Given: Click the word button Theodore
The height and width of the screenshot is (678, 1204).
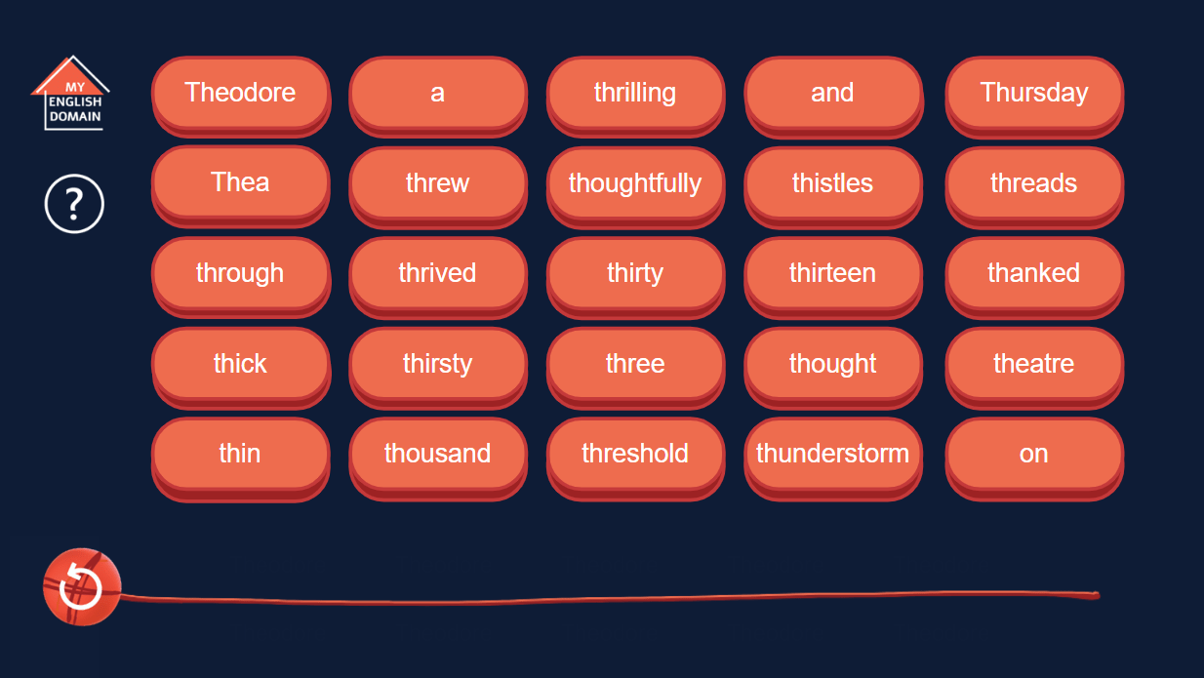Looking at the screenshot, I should click(x=240, y=93).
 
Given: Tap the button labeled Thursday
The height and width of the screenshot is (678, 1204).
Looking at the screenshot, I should click(x=1033, y=93).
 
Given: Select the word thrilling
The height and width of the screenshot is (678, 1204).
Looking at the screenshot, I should click(x=635, y=93).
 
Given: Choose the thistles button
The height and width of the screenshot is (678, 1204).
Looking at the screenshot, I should click(x=832, y=183).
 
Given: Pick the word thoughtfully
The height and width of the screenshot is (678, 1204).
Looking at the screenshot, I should click(x=635, y=183).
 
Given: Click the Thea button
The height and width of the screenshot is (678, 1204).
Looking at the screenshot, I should click(x=240, y=182).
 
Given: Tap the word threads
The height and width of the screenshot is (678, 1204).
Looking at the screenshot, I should click(x=1033, y=183).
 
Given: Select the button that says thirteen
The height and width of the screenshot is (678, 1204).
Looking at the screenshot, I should click(x=832, y=273).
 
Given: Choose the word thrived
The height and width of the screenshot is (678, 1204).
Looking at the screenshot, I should click(x=437, y=273).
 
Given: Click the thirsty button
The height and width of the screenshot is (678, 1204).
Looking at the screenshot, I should click(x=437, y=364).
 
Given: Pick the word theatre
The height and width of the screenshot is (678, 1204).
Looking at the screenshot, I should click(x=1033, y=364).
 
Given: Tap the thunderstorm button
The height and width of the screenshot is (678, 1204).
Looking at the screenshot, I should click(x=832, y=454).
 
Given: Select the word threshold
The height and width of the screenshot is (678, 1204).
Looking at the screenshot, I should click(x=635, y=454).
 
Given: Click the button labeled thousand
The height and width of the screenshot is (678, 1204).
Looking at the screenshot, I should click(x=437, y=454).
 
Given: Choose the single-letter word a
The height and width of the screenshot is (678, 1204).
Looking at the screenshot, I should click(x=437, y=93).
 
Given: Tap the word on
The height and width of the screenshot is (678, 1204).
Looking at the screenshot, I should click(x=1033, y=454).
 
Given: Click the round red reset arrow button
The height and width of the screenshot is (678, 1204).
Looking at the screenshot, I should click(x=81, y=587).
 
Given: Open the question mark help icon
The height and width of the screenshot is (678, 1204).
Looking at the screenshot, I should click(x=74, y=204).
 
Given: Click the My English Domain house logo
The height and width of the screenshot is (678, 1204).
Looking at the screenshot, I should click(x=72, y=95).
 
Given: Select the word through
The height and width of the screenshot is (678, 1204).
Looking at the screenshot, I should click(x=240, y=273).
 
